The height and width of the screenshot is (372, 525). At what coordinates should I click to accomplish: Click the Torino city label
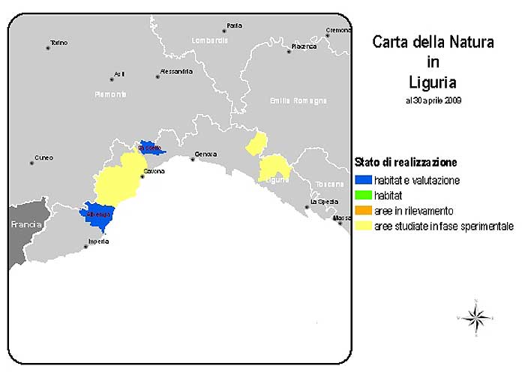[x=58, y=43]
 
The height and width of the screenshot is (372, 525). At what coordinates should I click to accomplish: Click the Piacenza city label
[x=304, y=46]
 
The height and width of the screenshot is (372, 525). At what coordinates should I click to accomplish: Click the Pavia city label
[x=235, y=25]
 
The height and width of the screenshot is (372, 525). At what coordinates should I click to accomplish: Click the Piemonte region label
[x=111, y=94]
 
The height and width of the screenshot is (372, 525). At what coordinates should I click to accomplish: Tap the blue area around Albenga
[x=97, y=217]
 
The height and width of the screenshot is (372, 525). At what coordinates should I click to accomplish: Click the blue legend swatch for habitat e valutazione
[x=362, y=180]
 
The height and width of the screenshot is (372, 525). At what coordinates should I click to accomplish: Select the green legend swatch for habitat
[x=362, y=195]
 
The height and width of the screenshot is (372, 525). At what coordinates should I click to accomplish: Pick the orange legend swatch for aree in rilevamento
[x=362, y=211]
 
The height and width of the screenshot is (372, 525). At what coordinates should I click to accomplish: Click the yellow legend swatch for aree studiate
[x=362, y=226]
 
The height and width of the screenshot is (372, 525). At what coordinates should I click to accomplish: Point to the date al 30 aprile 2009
[x=433, y=100]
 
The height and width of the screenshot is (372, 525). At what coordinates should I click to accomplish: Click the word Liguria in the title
[x=433, y=80]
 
